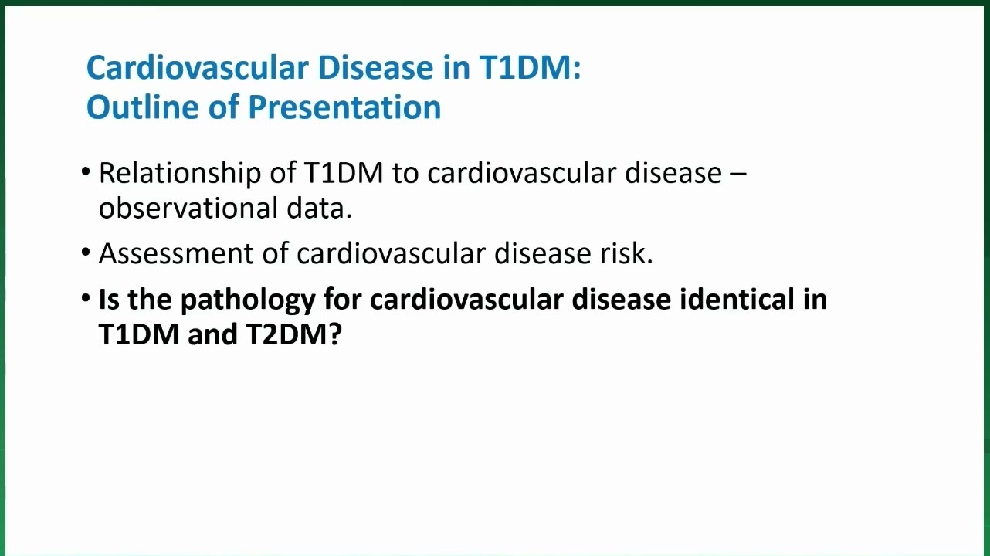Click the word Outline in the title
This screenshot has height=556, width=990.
(143, 107)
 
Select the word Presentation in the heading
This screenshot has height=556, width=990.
(344, 108)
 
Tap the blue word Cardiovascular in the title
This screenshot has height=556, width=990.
(197, 68)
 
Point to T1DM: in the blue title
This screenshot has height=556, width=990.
(531, 68)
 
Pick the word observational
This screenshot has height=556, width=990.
(188, 208)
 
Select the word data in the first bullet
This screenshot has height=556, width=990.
(319, 208)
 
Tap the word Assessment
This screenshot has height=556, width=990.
(176, 254)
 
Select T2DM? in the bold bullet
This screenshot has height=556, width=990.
(294, 334)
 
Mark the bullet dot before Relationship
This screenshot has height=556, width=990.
(86, 171)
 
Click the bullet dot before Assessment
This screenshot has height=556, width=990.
(86, 253)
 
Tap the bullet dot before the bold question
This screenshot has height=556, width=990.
(86, 298)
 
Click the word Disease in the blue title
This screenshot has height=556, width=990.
(375, 68)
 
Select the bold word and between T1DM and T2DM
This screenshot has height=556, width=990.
(212, 334)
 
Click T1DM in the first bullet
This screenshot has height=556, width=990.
(344, 173)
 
